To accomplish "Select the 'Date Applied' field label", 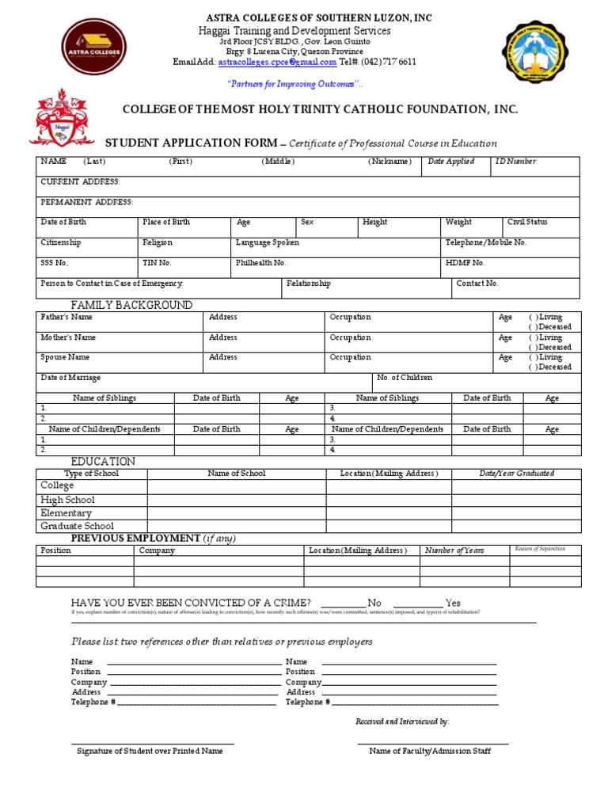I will pos(451,162).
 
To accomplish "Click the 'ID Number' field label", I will pos(515,162).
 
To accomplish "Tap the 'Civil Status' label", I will pos(527,223).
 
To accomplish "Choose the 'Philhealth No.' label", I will pos(260,263).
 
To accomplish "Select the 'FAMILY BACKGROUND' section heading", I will pos(131,305).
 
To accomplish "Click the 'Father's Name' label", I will pos(66,317).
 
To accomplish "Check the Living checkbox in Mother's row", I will pos(533,337).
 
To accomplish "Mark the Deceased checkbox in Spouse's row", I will pos(533,367).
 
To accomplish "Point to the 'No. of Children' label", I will pos(405,378).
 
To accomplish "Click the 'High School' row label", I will pos(67,500).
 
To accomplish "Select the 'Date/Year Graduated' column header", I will pos(516,474).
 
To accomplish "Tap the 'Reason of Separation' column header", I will pos(540,549).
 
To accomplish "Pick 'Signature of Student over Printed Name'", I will pos(150,751).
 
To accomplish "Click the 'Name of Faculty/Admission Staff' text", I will pos(430,751).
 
